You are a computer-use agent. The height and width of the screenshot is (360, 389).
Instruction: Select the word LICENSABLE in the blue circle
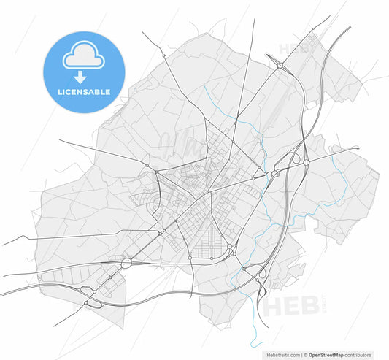click(84, 93)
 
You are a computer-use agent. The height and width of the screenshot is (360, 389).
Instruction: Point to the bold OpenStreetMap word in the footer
click(328, 353)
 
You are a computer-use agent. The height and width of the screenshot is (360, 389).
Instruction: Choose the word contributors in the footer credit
click(366, 353)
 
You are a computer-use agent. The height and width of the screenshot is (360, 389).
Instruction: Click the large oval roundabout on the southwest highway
click(126, 261)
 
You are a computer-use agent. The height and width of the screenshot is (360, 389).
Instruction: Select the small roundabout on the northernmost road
click(313, 29)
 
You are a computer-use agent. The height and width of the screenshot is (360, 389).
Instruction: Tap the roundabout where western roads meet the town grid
click(156, 172)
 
